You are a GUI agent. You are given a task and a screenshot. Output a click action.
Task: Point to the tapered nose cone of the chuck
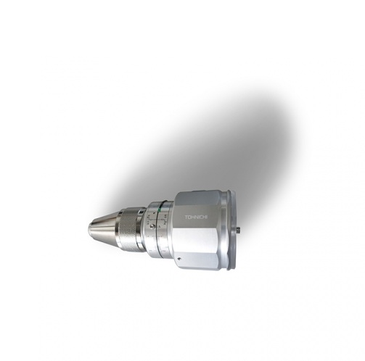(x=102, y=230)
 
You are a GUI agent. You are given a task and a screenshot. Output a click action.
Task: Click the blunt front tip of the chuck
(x=91, y=231)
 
